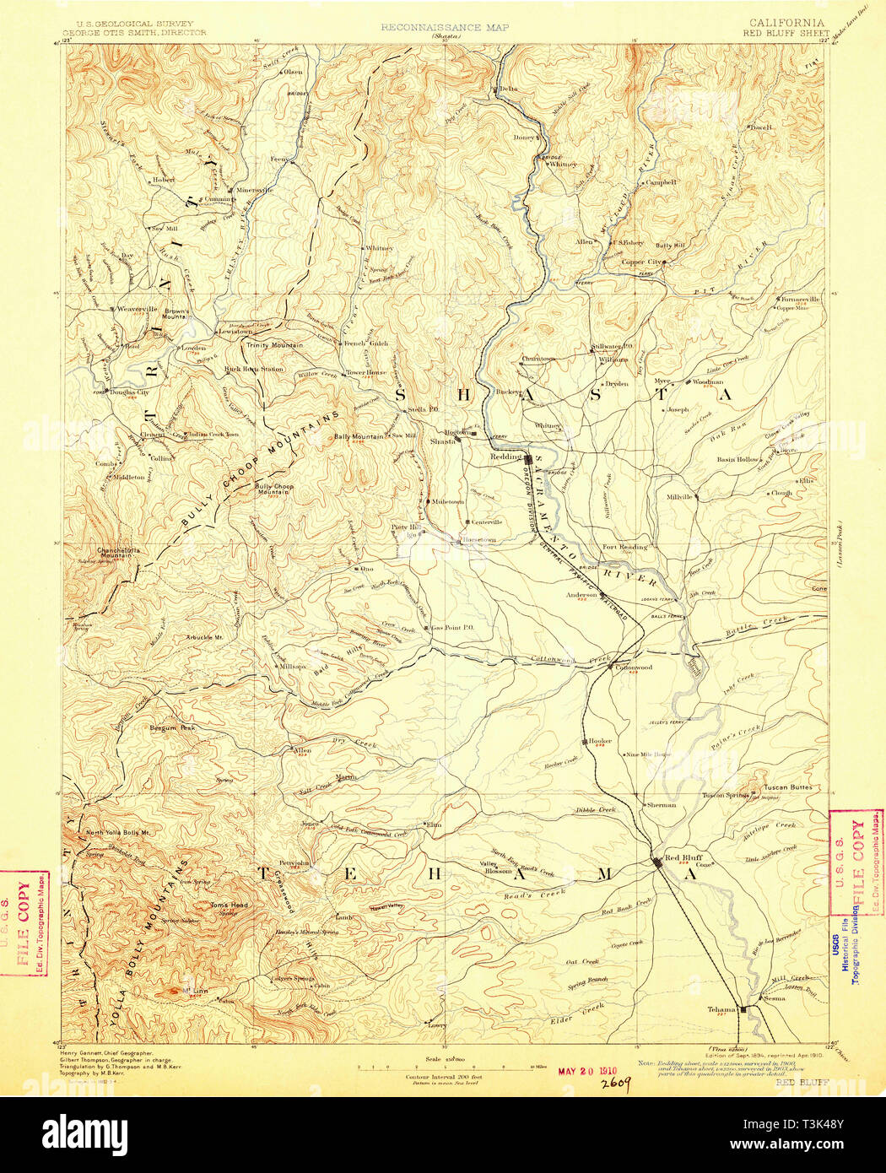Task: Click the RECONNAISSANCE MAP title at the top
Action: coord(444,27)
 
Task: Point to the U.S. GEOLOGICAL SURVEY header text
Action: coord(135,24)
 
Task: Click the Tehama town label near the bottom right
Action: coord(723,1008)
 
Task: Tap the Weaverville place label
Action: coord(138,309)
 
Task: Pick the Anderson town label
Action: coord(581,594)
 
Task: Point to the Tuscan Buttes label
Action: coord(787,787)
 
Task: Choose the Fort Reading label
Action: coord(624,547)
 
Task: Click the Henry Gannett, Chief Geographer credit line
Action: coord(105,1054)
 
